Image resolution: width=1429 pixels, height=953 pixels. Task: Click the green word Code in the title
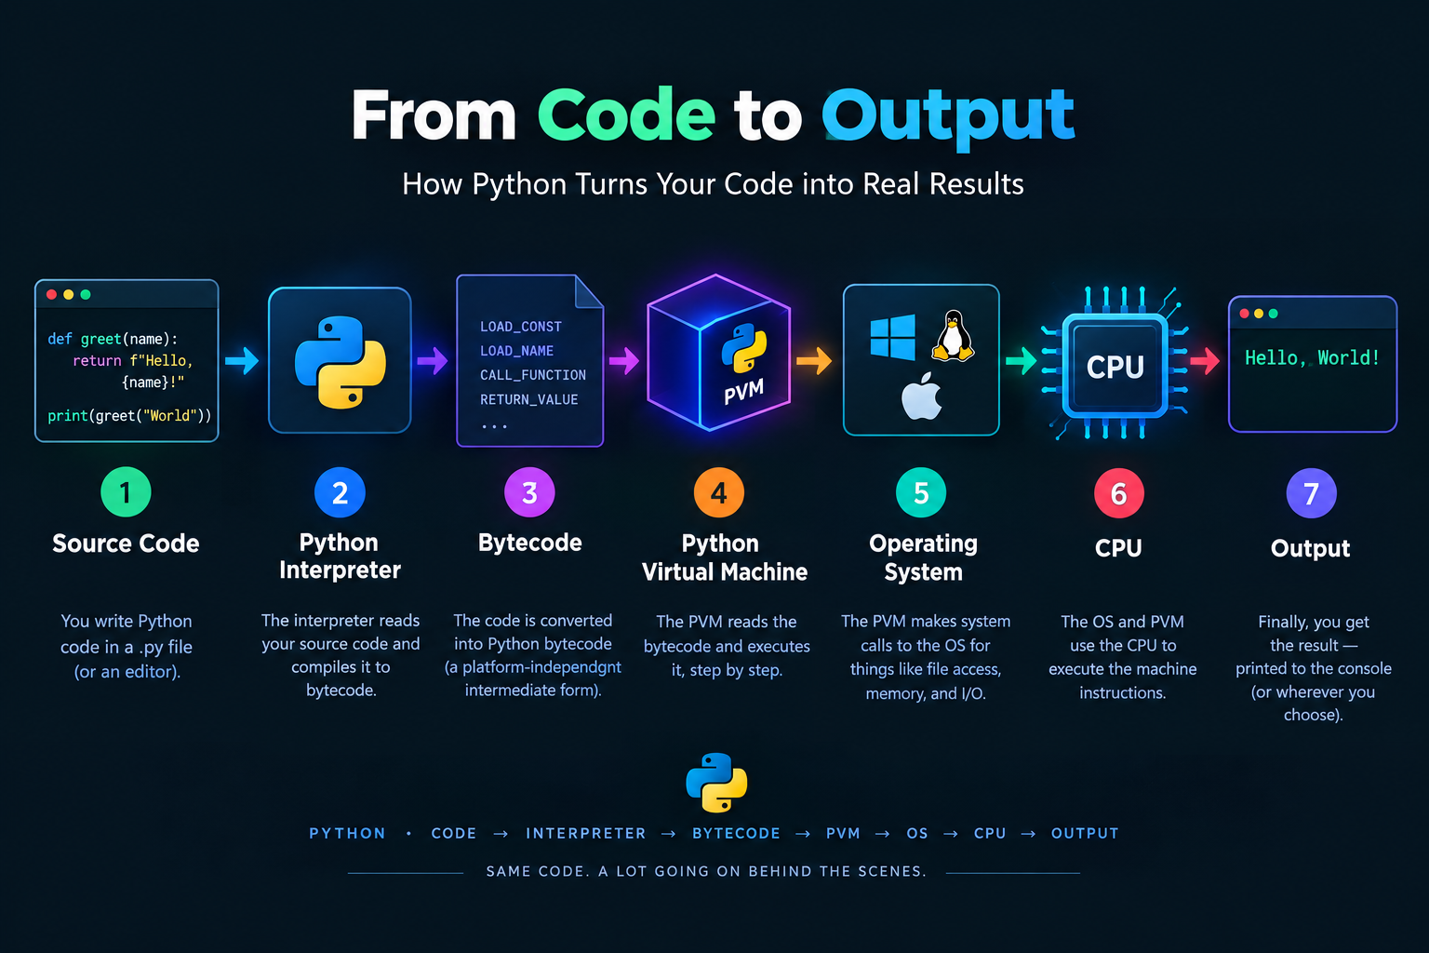[x=626, y=114]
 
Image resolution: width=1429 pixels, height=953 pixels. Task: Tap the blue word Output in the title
[x=948, y=118]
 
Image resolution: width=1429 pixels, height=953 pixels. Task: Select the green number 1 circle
[x=126, y=492]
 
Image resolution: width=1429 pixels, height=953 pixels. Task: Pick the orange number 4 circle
[x=719, y=492]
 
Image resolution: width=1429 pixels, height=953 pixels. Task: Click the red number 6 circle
[x=1119, y=493]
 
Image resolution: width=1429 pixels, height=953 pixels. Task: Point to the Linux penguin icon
[x=953, y=336]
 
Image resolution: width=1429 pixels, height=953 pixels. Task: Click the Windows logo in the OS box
[x=892, y=337]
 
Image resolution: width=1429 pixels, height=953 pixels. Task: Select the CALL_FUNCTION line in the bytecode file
[x=533, y=375]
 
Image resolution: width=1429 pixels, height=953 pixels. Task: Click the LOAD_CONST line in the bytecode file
[x=521, y=327]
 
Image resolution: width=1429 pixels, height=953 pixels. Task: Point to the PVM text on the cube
[x=744, y=391]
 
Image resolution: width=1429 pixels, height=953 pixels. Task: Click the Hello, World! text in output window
[x=1313, y=358]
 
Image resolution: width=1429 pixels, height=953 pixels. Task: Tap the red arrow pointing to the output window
[x=1205, y=361]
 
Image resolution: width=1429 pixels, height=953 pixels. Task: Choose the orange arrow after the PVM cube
[x=814, y=361]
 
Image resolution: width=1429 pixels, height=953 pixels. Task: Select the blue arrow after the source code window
[x=242, y=361]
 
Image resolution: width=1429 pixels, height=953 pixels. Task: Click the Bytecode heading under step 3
[x=530, y=543]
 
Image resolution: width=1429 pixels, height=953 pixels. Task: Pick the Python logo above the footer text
[x=716, y=783]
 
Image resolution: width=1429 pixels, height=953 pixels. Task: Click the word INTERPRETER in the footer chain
[x=585, y=834]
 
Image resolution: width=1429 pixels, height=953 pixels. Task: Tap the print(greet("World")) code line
[x=129, y=416]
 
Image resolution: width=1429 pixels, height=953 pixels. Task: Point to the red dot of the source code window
[x=52, y=294]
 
